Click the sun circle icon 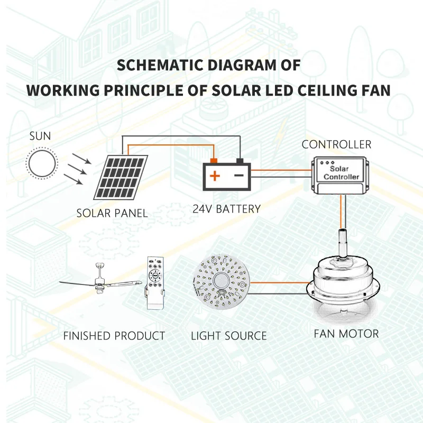point(41,163)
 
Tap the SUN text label point(40,136)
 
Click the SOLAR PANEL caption point(112,214)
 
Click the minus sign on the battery point(239,176)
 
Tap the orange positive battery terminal point(214,160)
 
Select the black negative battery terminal point(239,160)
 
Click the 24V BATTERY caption point(226,209)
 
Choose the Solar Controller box point(337,175)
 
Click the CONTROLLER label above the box point(336,144)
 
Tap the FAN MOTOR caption point(346,334)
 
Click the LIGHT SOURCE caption point(228,336)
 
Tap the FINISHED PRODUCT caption point(114,336)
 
